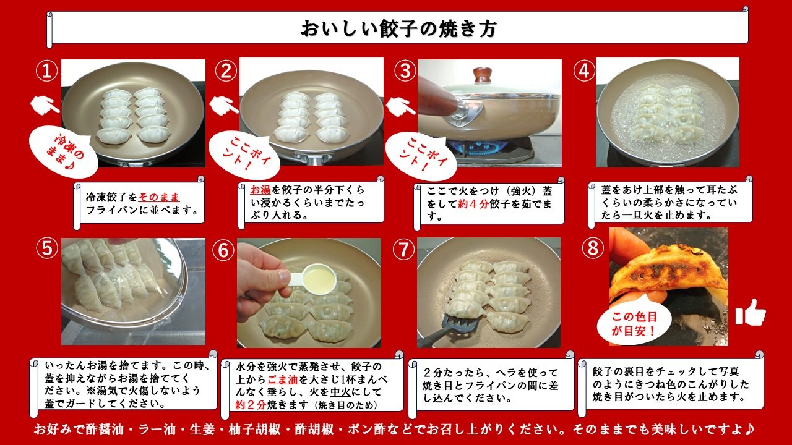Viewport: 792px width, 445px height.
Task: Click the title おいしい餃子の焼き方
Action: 399,28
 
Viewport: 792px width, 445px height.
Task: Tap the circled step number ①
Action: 46,70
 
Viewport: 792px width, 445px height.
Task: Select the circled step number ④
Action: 583,70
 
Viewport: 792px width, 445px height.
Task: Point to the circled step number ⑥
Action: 223,250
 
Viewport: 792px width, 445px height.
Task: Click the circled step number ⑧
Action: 593,248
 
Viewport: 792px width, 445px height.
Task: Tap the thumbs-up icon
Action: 751,313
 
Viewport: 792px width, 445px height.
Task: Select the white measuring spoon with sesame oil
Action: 311,281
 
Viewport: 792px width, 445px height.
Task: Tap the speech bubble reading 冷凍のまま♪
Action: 64,152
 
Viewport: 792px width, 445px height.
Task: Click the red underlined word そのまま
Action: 159,197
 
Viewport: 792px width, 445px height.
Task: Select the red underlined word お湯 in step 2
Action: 260,190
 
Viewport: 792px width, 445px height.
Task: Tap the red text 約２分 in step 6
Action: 251,405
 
